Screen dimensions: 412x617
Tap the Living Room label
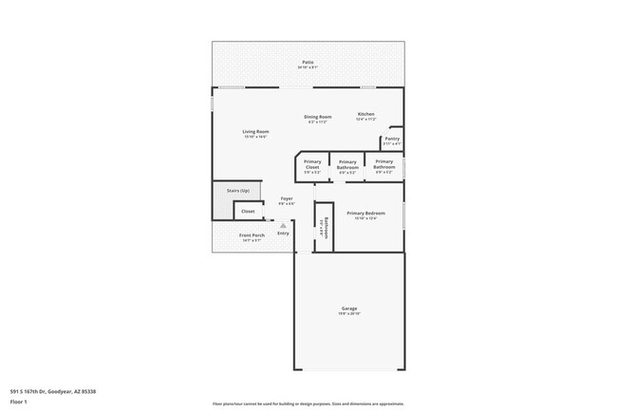coord(255,131)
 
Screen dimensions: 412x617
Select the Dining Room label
coord(317,116)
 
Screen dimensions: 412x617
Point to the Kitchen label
coord(366,114)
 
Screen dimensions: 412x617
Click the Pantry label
coord(391,139)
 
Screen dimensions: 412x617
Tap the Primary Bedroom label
coord(365,213)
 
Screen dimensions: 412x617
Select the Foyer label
coord(286,198)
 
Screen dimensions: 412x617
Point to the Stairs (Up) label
coord(238,191)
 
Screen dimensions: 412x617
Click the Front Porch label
coord(252,235)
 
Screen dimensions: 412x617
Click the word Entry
coord(283,234)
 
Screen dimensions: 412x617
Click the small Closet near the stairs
coord(248,212)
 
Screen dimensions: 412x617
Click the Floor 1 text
coord(19,401)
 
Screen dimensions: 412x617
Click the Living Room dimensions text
coord(255,137)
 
